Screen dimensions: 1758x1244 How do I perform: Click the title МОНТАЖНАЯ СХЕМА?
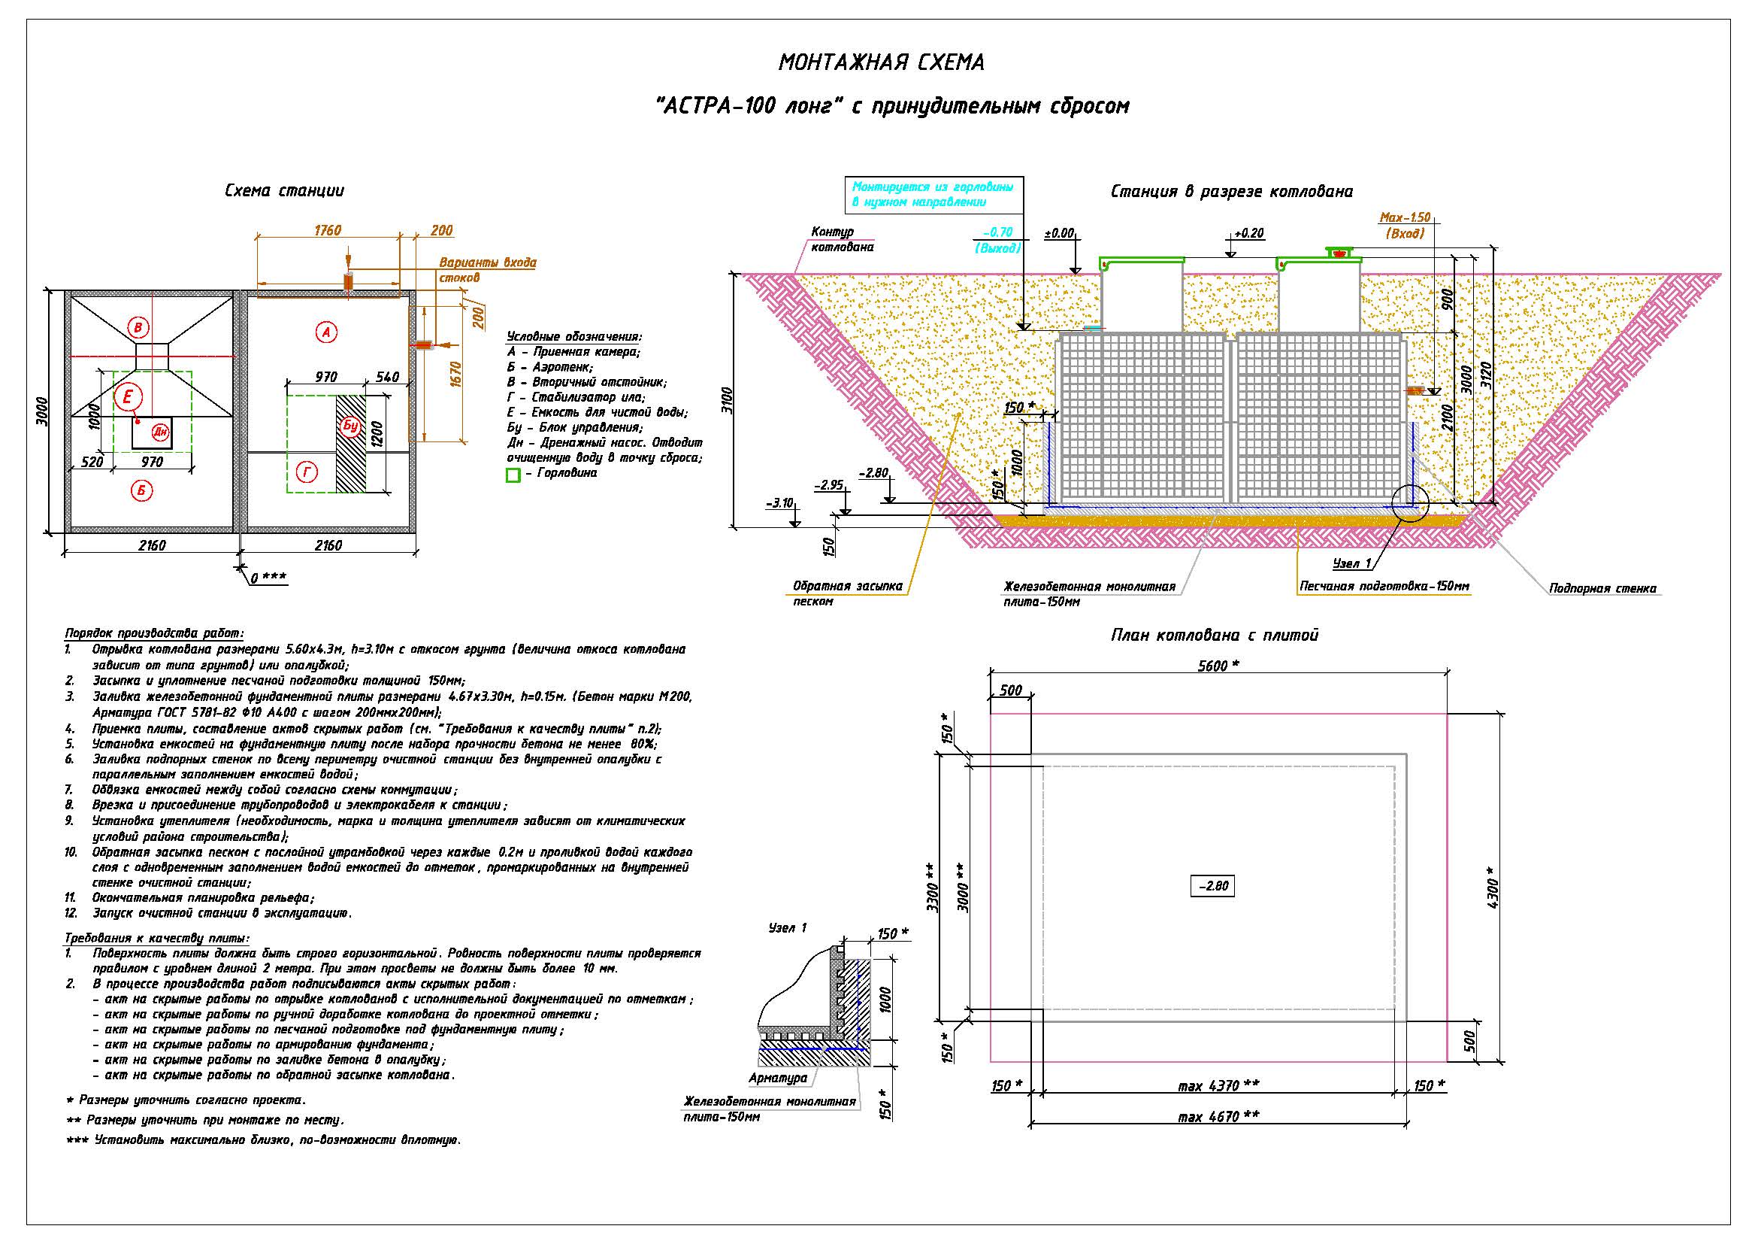click(882, 62)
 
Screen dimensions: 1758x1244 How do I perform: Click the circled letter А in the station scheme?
click(326, 332)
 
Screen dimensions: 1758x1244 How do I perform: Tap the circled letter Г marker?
click(307, 473)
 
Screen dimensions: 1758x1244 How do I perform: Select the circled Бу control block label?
click(351, 426)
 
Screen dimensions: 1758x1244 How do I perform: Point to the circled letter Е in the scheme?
click(129, 396)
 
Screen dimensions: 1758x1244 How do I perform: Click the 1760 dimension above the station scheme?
click(327, 231)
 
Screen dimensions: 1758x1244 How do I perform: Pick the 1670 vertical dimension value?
click(458, 377)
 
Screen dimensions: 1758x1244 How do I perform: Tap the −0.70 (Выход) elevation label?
click(997, 240)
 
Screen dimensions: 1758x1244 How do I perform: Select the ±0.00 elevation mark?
click(1060, 233)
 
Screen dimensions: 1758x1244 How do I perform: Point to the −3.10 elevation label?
click(779, 503)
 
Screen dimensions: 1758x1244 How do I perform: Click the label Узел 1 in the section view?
click(1352, 564)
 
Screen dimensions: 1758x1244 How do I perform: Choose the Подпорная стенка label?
click(1602, 588)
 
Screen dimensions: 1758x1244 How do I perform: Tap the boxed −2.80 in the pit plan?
click(1213, 885)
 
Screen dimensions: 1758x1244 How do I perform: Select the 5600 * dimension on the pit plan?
click(1218, 666)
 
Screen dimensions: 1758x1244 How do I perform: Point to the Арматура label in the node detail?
click(778, 1078)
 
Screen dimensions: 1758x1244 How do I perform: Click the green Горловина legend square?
click(513, 475)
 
